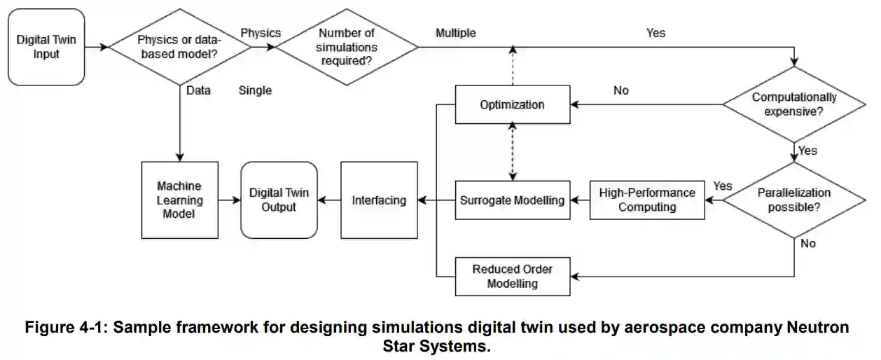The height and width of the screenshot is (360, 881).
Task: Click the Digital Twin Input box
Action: click(46, 47)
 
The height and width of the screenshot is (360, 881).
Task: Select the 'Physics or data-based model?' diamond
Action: click(181, 47)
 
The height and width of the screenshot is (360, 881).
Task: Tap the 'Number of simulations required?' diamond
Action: click(347, 47)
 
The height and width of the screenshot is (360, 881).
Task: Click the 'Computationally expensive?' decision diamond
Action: click(794, 105)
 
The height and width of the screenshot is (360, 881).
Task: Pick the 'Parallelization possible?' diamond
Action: click(794, 200)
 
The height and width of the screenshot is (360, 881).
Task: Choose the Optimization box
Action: click(512, 105)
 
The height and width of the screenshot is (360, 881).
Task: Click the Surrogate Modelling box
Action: click(512, 200)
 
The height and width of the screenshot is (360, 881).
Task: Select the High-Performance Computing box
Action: click(647, 200)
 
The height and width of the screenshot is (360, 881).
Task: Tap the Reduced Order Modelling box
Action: click(512, 276)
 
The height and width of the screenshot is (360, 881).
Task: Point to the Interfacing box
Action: click(378, 200)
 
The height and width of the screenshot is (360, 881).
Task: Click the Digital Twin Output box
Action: click(279, 200)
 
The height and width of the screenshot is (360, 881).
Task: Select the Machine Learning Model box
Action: click(179, 200)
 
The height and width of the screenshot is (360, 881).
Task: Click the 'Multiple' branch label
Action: click(455, 33)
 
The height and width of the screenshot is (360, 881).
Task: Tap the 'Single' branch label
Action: click(255, 90)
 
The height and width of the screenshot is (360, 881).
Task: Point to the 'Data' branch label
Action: click(199, 90)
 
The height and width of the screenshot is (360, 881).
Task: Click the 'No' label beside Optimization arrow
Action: click(620, 90)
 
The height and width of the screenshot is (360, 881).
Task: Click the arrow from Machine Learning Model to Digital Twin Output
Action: click(228, 200)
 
